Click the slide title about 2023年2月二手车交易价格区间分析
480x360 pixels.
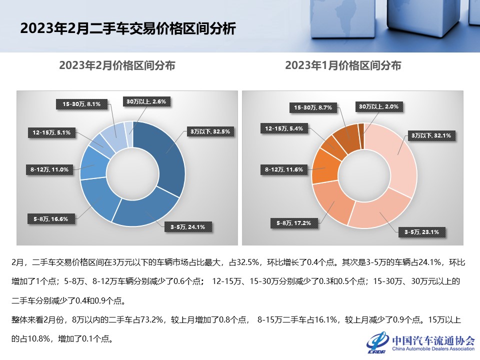127,28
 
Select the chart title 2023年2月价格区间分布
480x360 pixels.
117,65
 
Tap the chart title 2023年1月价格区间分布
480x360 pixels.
343,65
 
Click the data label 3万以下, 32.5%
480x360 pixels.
209,132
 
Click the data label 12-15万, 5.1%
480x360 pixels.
51,132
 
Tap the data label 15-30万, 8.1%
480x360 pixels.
81,104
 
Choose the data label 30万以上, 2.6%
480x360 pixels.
148,101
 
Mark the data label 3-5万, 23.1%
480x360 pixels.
421,231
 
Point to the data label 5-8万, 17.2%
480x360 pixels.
294,223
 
